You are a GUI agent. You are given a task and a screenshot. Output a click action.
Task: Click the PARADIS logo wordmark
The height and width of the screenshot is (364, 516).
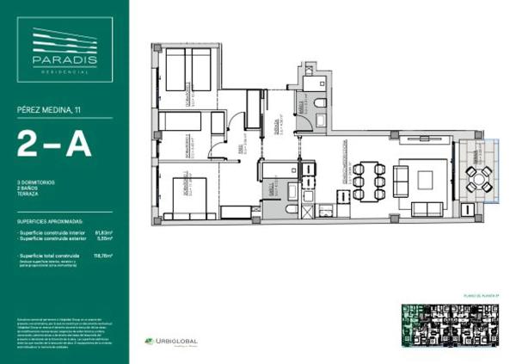[x=64, y=60]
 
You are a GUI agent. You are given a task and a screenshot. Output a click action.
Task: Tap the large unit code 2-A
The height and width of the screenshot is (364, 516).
[x=53, y=145]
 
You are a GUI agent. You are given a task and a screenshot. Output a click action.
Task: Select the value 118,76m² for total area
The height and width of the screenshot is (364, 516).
[x=110, y=256]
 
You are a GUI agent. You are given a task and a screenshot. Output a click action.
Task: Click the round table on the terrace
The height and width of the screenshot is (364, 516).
[x=479, y=178]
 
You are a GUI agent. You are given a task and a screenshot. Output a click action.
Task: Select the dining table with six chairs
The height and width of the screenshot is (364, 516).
[x=367, y=181]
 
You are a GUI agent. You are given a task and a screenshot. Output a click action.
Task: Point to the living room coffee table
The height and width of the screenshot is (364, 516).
[x=426, y=181]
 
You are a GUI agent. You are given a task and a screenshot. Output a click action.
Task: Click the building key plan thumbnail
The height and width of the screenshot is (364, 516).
[x=452, y=326]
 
